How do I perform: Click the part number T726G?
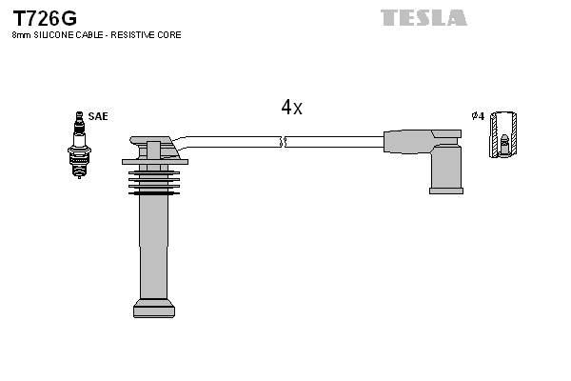(x=45, y=18)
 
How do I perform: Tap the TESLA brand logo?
(x=423, y=17)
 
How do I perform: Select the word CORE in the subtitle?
(x=171, y=35)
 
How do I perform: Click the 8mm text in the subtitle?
(x=19, y=35)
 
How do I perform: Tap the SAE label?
(x=98, y=116)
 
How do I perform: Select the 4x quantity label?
(x=291, y=108)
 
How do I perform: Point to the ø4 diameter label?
(x=478, y=116)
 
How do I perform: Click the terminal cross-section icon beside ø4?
(x=504, y=134)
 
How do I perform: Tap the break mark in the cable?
(x=283, y=142)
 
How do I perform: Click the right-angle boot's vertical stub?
(x=445, y=170)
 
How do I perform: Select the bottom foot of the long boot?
(x=153, y=308)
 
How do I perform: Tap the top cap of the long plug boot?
(x=152, y=149)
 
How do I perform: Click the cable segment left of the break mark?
(x=233, y=141)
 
